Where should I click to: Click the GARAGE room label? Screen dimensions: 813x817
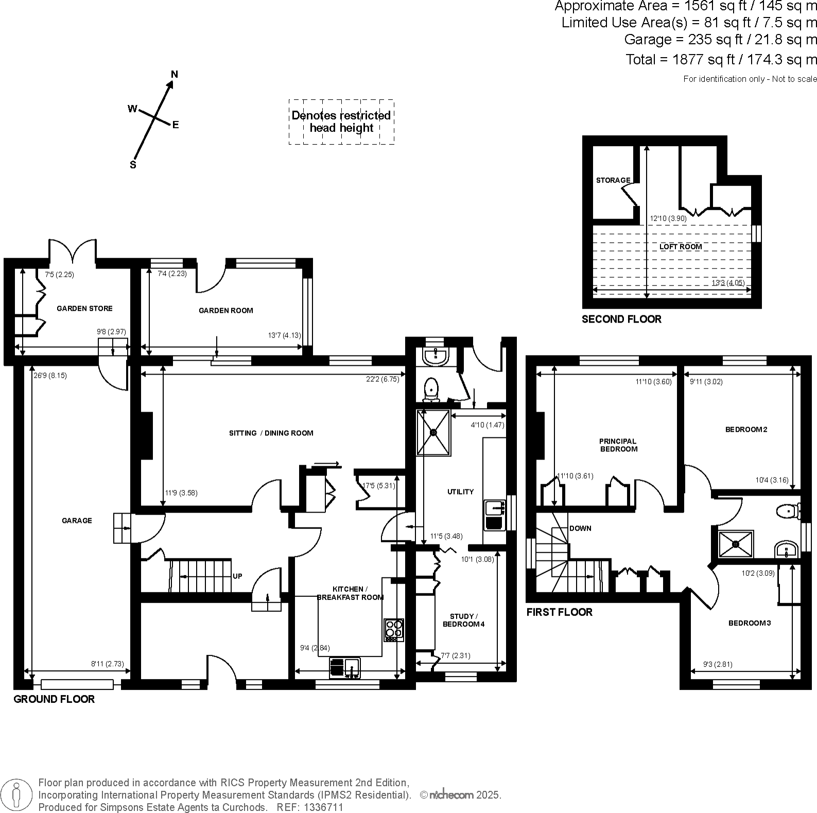pyautogui.click(x=77, y=520)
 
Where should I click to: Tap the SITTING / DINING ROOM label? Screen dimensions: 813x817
pyautogui.click(x=271, y=433)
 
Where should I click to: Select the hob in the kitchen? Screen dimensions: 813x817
pyautogui.click(x=394, y=629)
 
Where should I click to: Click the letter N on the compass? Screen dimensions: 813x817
pyautogui.click(x=175, y=74)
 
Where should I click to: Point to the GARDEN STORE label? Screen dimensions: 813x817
pyautogui.click(x=84, y=308)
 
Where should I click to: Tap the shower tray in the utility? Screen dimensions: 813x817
pyautogui.click(x=433, y=432)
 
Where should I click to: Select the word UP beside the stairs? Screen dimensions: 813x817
pyautogui.click(x=237, y=576)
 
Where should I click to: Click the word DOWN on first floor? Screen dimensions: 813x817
pyautogui.click(x=580, y=528)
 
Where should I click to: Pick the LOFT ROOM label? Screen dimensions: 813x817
pyautogui.click(x=681, y=246)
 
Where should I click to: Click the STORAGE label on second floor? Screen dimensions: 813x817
pyautogui.click(x=613, y=180)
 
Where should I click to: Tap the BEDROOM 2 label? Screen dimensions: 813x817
pyautogui.click(x=746, y=429)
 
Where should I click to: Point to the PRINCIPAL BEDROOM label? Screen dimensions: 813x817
pyautogui.click(x=618, y=445)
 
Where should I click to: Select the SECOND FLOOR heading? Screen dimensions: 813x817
pyautogui.click(x=621, y=319)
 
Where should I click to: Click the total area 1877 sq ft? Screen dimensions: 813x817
pyautogui.click(x=721, y=59)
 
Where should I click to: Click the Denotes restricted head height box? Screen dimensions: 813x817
pyautogui.click(x=341, y=122)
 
